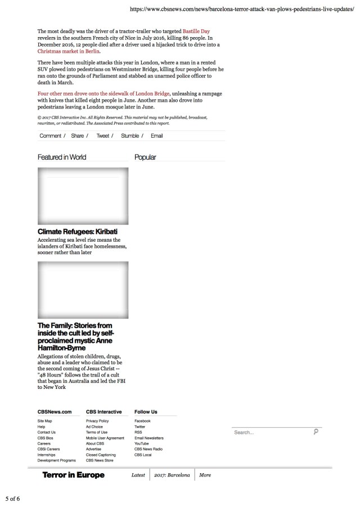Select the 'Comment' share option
pyautogui.click(x=51, y=136)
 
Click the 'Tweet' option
pyautogui.click(x=103, y=136)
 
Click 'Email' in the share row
pyautogui.click(x=157, y=136)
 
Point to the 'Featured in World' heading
pyautogui.click(x=62, y=157)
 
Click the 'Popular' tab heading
pyautogui.click(x=145, y=157)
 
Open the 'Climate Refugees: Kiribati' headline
pyautogui.click(x=78, y=232)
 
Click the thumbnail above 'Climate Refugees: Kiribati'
pyautogui.click(x=83, y=196)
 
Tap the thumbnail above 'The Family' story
pyautogui.click(x=83, y=290)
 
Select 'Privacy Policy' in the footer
pyautogui.click(x=97, y=421)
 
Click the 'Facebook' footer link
pyautogui.click(x=142, y=421)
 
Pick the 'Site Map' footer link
pyautogui.click(x=45, y=421)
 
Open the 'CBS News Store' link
pyautogui.click(x=100, y=460)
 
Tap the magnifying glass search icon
pyautogui.click(x=316, y=432)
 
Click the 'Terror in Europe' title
pyautogui.click(x=74, y=475)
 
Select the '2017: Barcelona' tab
pyautogui.click(x=172, y=475)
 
